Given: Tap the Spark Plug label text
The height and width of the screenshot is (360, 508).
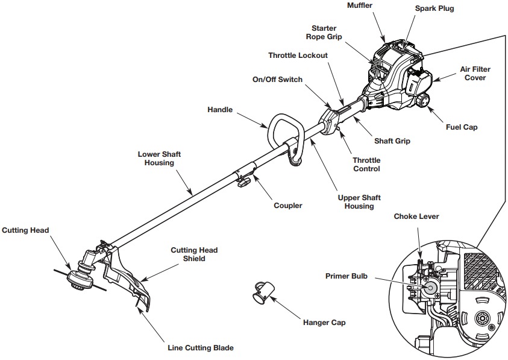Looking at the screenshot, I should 434,9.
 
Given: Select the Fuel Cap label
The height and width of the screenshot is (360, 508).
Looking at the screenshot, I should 461,127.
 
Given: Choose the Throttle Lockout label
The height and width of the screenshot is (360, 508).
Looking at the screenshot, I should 298,55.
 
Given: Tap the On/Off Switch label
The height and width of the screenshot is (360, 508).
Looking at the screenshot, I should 277,80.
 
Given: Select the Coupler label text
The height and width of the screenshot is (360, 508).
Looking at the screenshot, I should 288,206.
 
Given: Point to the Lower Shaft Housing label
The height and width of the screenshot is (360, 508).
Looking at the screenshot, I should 159,159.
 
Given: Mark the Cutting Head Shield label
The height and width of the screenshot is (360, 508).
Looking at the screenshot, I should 194,254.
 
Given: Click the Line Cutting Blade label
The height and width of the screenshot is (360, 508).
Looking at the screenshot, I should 200,348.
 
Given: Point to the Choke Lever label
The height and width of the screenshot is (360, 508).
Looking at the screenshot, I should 416,216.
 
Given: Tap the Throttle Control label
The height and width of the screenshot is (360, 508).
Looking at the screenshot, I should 366,165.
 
